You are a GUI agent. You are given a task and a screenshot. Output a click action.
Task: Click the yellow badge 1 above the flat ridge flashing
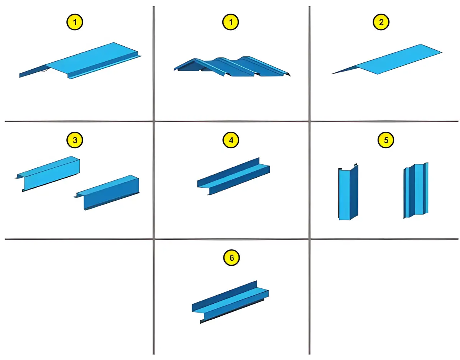coord(74,22)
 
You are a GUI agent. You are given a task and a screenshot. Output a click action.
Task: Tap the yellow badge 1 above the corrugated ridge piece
coord(230,22)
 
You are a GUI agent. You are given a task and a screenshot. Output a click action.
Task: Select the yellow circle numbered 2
coord(381,22)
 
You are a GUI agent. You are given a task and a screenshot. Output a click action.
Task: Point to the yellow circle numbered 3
coord(74,140)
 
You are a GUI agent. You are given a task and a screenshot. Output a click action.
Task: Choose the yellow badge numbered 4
coord(231,140)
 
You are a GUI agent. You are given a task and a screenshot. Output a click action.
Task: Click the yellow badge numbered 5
coord(386,140)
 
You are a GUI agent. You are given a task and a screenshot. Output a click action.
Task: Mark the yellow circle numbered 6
coord(232,257)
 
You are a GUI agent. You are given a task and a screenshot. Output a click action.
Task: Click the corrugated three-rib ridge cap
coord(232,66)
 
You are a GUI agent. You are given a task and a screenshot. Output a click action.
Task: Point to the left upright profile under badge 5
coord(348,192)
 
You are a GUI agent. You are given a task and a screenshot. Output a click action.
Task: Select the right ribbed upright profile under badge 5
coord(416,190)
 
